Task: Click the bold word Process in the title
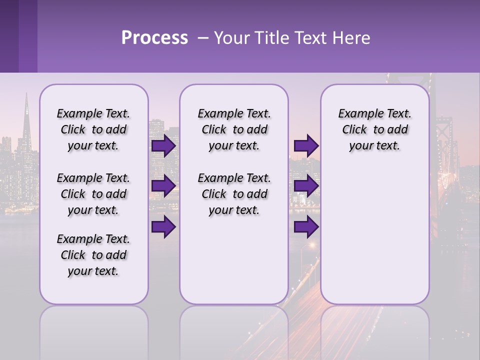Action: click(x=154, y=38)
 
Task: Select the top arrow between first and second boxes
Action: click(x=163, y=146)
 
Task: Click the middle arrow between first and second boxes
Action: click(x=163, y=186)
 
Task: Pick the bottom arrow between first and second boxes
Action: click(x=163, y=227)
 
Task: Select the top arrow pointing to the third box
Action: click(x=306, y=146)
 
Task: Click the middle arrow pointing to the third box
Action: click(x=306, y=186)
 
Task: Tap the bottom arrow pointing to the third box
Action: click(x=306, y=227)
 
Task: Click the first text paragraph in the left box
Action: click(x=93, y=130)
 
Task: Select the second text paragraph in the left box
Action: click(x=93, y=194)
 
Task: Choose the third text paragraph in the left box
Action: click(x=93, y=255)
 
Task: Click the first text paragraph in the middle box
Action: click(x=234, y=130)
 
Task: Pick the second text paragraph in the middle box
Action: click(x=234, y=194)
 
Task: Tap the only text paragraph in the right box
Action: click(x=374, y=130)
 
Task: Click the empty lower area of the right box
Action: click(x=374, y=240)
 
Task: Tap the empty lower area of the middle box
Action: click(x=234, y=260)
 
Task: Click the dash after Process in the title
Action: click(x=203, y=38)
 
